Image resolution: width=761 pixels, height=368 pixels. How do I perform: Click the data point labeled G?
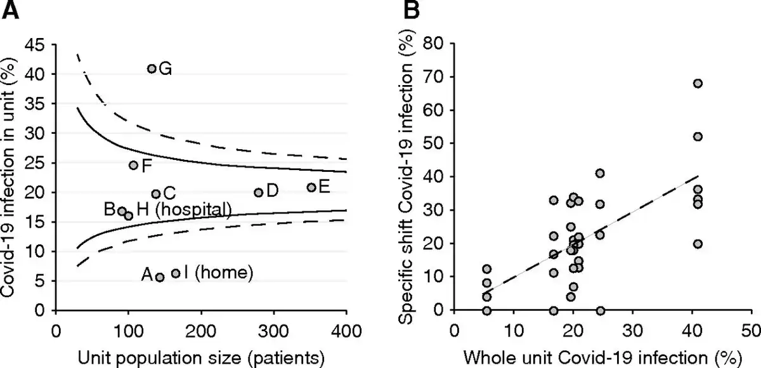152,69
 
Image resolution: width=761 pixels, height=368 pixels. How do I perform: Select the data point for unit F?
133,166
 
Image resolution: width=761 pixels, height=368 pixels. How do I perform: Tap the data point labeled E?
311,187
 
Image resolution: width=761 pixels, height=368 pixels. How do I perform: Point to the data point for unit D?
258,192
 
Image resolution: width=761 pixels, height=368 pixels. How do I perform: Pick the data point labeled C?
155,194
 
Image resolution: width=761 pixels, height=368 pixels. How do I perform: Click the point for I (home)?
176,273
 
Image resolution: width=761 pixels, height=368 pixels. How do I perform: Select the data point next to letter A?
160,277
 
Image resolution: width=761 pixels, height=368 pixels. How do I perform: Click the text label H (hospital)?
183,209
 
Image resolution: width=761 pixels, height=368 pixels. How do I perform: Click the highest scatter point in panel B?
698,83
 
